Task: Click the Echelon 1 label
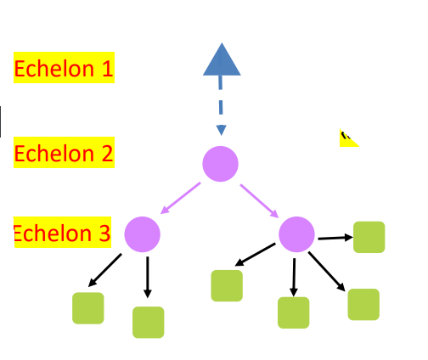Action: tap(64, 68)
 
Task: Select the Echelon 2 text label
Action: tap(64, 154)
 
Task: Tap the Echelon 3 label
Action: tap(63, 233)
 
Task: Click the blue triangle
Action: tap(221, 62)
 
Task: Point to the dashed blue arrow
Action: tap(221, 106)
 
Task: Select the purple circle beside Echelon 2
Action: tap(220, 163)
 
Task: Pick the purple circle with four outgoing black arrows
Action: tap(297, 233)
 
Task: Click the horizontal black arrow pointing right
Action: tap(334, 238)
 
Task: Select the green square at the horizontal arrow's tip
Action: tap(369, 237)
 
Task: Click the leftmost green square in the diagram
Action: tap(88, 308)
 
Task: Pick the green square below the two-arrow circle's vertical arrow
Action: tap(148, 322)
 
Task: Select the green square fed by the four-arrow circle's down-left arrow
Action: tap(227, 285)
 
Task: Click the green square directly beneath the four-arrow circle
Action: tap(294, 312)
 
